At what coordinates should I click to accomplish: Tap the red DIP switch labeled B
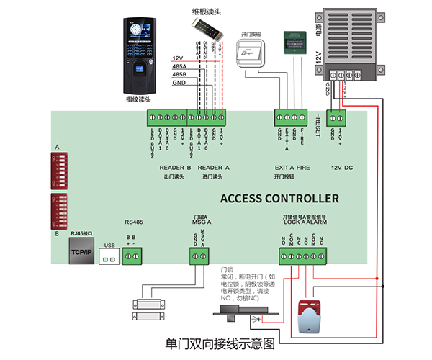pos(63,210)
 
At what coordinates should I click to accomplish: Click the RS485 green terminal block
pos(132,254)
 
